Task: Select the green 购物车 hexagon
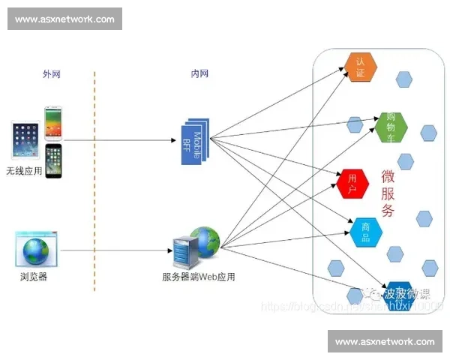(x=390, y=127)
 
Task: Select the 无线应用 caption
(x=25, y=170)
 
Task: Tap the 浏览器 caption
(x=34, y=276)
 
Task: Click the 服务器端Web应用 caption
(x=198, y=276)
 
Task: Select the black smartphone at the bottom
(x=53, y=161)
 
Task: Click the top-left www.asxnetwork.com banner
(x=65, y=19)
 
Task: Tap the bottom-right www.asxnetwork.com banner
(x=384, y=341)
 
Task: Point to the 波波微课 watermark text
(x=406, y=293)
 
